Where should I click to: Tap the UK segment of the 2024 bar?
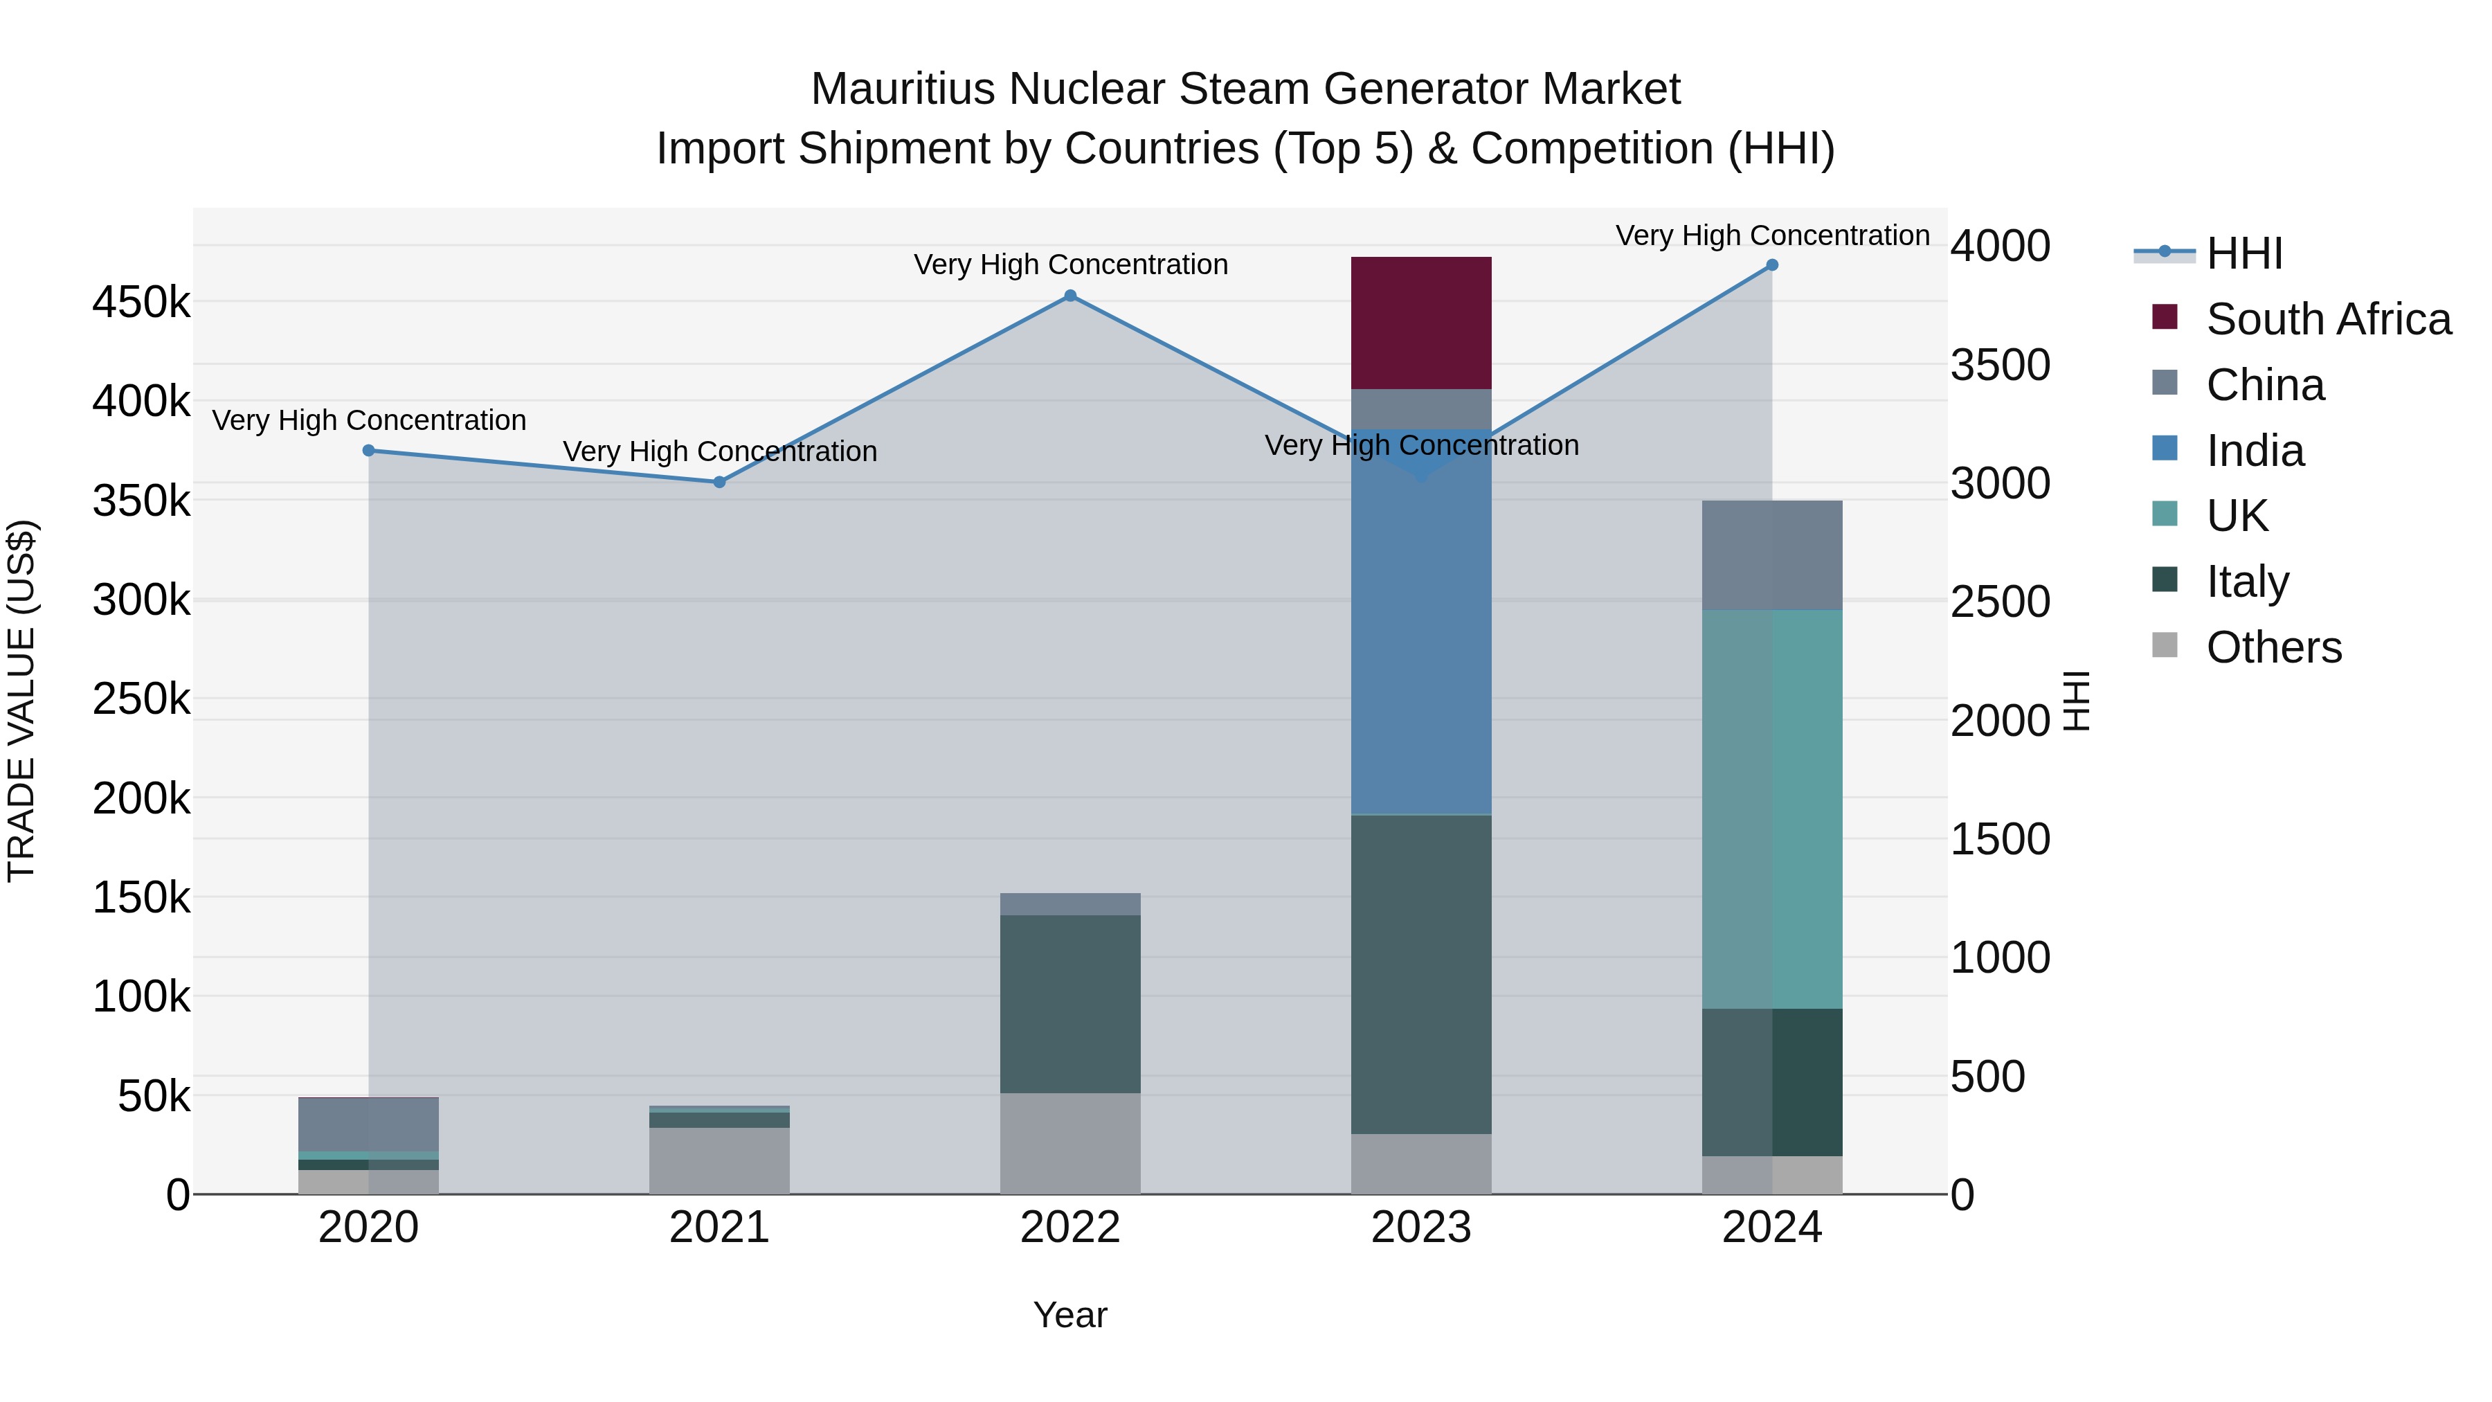coord(1771,809)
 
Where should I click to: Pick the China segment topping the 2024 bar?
coord(1771,555)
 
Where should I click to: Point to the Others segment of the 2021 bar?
coord(719,1160)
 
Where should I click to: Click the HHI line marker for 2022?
coord(1070,296)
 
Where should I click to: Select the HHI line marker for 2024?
coord(1771,265)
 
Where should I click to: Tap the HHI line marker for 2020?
coord(368,451)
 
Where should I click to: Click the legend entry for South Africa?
coord(2327,319)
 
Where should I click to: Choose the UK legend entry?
coord(2236,516)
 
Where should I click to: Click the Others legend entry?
coord(2273,647)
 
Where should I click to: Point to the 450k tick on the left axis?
coord(141,303)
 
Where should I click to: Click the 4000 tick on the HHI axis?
coord(1998,246)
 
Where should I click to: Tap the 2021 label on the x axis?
coord(719,1228)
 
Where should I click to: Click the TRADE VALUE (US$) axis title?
coord(21,701)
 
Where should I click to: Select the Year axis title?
coord(1070,1315)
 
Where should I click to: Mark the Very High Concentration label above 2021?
coord(720,452)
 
